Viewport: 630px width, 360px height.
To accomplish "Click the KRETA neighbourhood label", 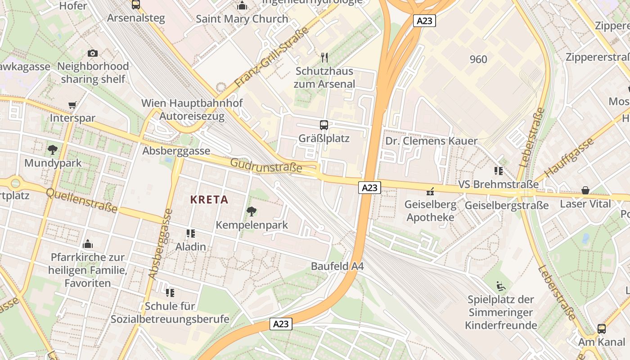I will pyautogui.click(x=209, y=199).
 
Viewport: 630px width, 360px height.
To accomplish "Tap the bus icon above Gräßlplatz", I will pyautogui.click(x=324, y=125).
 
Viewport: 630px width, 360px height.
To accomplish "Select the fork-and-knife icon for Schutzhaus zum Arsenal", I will pyautogui.click(x=324, y=58).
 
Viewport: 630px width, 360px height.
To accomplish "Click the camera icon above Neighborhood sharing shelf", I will pyautogui.click(x=93, y=53).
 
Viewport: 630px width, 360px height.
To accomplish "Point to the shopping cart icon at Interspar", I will pyautogui.click(x=72, y=105).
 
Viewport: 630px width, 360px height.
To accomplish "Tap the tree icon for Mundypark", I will pyautogui.click(x=53, y=149).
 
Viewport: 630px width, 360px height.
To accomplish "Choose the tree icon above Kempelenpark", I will pyautogui.click(x=252, y=211).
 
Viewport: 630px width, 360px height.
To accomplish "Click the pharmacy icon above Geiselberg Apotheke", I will pyautogui.click(x=430, y=191).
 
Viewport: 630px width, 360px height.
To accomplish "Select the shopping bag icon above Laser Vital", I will pyautogui.click(x=585, y=190).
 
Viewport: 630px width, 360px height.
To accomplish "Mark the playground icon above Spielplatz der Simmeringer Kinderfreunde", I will pyautogui.click(x=500, y=286).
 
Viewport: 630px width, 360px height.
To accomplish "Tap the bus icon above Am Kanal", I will pyautogui.click(x=602, y=328).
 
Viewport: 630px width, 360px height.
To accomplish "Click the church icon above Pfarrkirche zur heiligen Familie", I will pyautogui.click(x=88, y=244).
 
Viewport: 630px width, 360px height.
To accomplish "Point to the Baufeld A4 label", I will pyautogui.click(x=337, y=266).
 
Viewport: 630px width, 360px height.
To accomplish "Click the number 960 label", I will pyautogui.click(x=478, y=59).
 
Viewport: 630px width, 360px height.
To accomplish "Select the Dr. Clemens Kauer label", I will pyautogui.click(x=431, y=141).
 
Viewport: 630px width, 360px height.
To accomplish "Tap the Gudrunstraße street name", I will pyautogui.click(x=266, y=165).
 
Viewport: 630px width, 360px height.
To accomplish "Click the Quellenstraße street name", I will pyautogui.click(x=81, y=200).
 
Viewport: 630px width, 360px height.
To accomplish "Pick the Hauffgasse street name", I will pyautogui.click(x=569, y=157).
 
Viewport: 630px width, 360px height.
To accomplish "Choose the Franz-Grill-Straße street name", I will pyautogui.click(x=272, y=58).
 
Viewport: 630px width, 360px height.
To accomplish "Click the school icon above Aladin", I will pyautogui.click(x=191, y=233).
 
